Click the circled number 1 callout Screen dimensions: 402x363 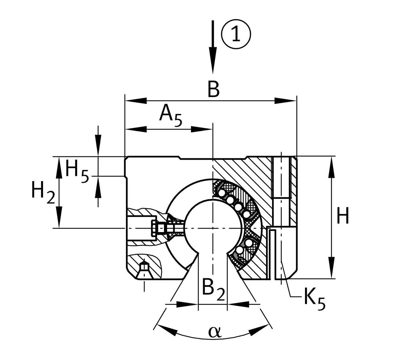tap(236, 34)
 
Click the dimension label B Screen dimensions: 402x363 tap(214, 89)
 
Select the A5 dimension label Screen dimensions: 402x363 tap(171, 116)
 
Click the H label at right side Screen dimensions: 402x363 tap(343, 216)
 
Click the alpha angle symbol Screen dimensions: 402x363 tap(215, 332)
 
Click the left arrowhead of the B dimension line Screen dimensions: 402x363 tap(136, 101)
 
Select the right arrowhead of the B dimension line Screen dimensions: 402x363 tap(285, 101)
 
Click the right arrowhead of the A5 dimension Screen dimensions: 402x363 tap(202, 129)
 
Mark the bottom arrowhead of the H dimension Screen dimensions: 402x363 tap(331, 268)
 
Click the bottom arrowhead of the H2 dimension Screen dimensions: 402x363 tap(59, 217)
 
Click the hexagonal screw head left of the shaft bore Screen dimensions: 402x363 tap(154, 228)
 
